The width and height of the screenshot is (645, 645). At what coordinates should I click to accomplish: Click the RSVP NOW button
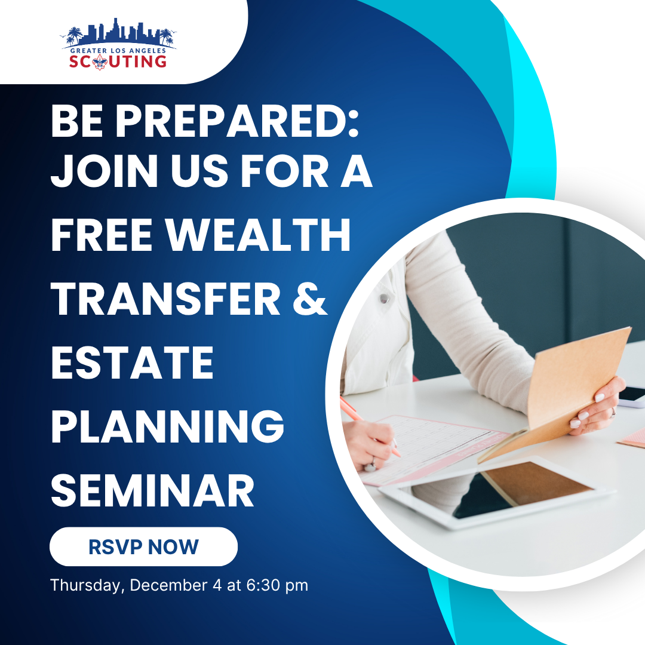[143, 546]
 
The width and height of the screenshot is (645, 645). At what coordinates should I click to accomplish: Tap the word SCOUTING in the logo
[118, 62]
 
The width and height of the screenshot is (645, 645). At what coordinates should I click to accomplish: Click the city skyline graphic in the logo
[118, 32]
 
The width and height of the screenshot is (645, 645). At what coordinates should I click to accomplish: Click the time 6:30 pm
[277, 585]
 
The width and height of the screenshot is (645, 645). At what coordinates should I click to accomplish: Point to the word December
[168, 585]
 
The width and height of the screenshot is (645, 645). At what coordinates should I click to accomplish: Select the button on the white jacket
[384, 298]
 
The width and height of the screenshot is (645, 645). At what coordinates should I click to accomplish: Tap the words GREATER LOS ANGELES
[118, 51]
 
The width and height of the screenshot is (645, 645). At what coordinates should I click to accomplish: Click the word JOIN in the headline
[104, 171]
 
